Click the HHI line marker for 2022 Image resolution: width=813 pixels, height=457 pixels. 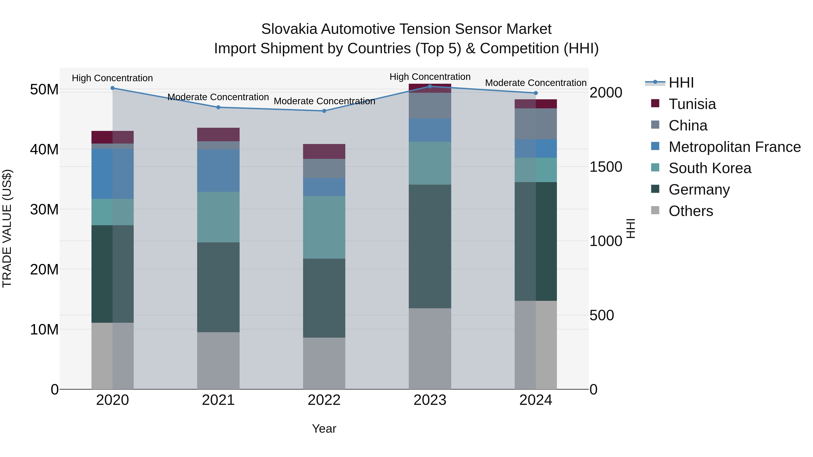(x=324, y=111)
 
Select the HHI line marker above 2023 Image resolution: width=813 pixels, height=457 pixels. (x=430, y=86)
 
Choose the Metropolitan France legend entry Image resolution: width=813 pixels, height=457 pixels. (x=734, y=147)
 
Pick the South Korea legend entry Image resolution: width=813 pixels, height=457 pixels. (x=710, y=168)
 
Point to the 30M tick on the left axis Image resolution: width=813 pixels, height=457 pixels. (x=44, y=209)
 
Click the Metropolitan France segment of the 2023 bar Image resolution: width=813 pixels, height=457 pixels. (x=430, y=130)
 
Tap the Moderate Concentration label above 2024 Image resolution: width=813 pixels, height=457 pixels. (x=536, y=83)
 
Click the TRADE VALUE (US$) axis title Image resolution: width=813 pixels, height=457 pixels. (x=7, y=228)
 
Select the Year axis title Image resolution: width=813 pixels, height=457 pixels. (x=324, y=429)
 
